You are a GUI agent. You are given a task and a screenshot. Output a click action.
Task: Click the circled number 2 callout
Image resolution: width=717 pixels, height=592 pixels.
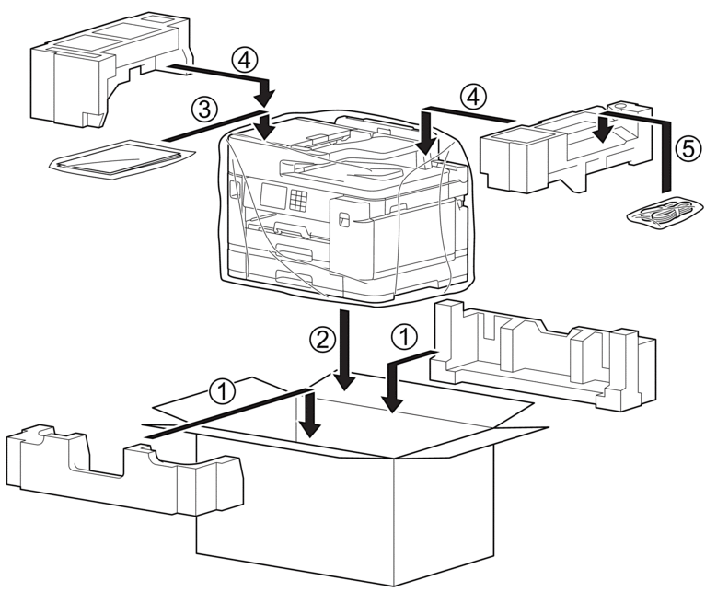point(322,341)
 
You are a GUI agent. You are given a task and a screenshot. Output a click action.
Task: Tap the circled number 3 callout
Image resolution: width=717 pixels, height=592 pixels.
point(204,110)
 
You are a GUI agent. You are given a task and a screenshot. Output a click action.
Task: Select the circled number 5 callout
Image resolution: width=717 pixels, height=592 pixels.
point(688,149)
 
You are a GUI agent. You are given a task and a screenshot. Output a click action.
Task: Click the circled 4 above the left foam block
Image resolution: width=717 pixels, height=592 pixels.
point(245,61)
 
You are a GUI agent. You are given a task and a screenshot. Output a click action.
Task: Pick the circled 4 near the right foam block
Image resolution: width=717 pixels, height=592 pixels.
point(474,98)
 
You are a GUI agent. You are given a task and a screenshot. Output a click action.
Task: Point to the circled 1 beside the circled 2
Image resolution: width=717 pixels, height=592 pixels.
point(405,337)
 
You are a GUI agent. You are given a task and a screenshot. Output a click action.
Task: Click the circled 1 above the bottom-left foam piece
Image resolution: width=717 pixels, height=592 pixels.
point(222,391)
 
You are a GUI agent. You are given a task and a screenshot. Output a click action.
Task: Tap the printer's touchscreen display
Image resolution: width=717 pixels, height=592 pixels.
point(272,196)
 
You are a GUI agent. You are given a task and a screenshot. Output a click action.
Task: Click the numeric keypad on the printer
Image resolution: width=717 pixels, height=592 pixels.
point(298,201)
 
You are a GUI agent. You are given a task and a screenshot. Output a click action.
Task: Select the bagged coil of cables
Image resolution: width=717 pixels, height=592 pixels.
point(665,213)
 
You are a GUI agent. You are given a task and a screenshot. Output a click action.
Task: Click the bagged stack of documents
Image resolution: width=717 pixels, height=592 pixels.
point(121,158)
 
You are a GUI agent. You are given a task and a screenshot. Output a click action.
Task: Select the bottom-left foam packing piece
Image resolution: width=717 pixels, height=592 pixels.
point(124,469)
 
